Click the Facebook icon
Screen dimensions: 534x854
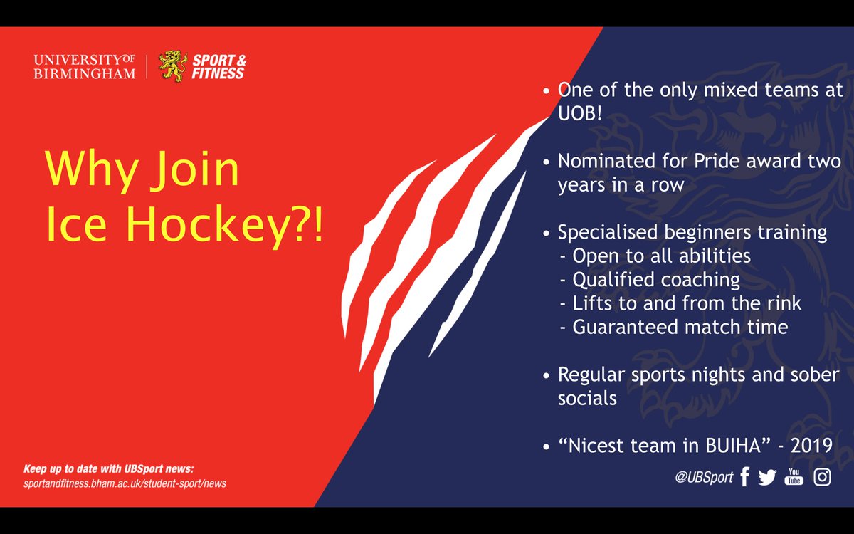(x=744, y=477)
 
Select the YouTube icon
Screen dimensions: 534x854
(x=794, y=477)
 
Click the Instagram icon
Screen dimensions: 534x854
(x=822, y=477)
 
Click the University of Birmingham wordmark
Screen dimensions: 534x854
(x=84, y=66)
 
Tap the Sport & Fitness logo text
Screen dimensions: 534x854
(x=218, y=66)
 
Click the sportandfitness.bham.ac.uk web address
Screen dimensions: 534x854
(x=125, y=484)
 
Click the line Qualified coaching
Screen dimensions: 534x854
(x=656, y=279)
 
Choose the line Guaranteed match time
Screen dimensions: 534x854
(x=680, y=327)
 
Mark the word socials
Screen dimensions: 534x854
(x=587, y=398)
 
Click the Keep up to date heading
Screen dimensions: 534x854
(x=108, y=469)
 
